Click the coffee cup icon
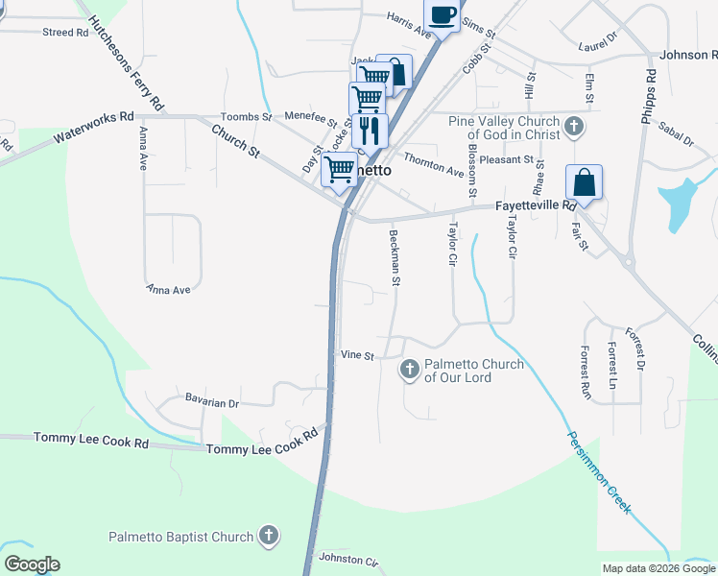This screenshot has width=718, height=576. (x=442, y=16)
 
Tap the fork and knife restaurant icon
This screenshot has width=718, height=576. (x=370, y=129)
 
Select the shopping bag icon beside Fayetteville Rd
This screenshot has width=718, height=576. (x=584, y=181)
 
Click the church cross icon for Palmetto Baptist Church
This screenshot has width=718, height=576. (x=269, y=537)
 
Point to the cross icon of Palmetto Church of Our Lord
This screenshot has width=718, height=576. (x=410, y=369)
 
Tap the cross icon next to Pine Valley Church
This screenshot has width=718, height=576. (x=573, y=126)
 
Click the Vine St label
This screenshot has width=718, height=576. (x=357, y=355)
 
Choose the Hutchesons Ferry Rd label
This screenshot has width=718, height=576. (x=126, y=63)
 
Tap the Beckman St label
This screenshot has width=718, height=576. (x=394, y=257)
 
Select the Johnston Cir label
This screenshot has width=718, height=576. (x=348, y=559)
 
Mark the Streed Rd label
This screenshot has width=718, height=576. (x=65, y=33)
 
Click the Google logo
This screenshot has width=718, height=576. (x=32, y=564)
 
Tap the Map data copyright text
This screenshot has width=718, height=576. (x=658, y=568)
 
